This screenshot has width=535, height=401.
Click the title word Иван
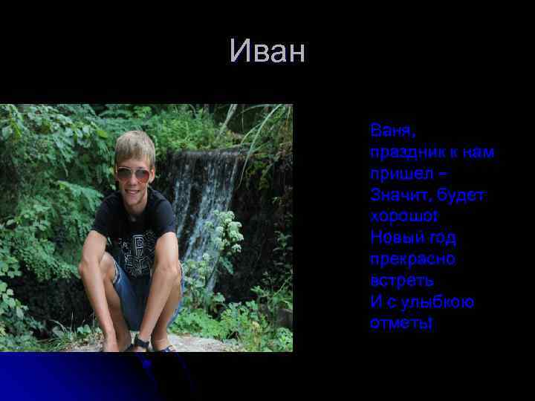pos(267,52)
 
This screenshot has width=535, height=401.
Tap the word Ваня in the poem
pos(392,131)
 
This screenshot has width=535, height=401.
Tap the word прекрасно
pos(412,260)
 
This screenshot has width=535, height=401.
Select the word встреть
pos(402,281)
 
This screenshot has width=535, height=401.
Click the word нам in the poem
pos(479,152)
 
